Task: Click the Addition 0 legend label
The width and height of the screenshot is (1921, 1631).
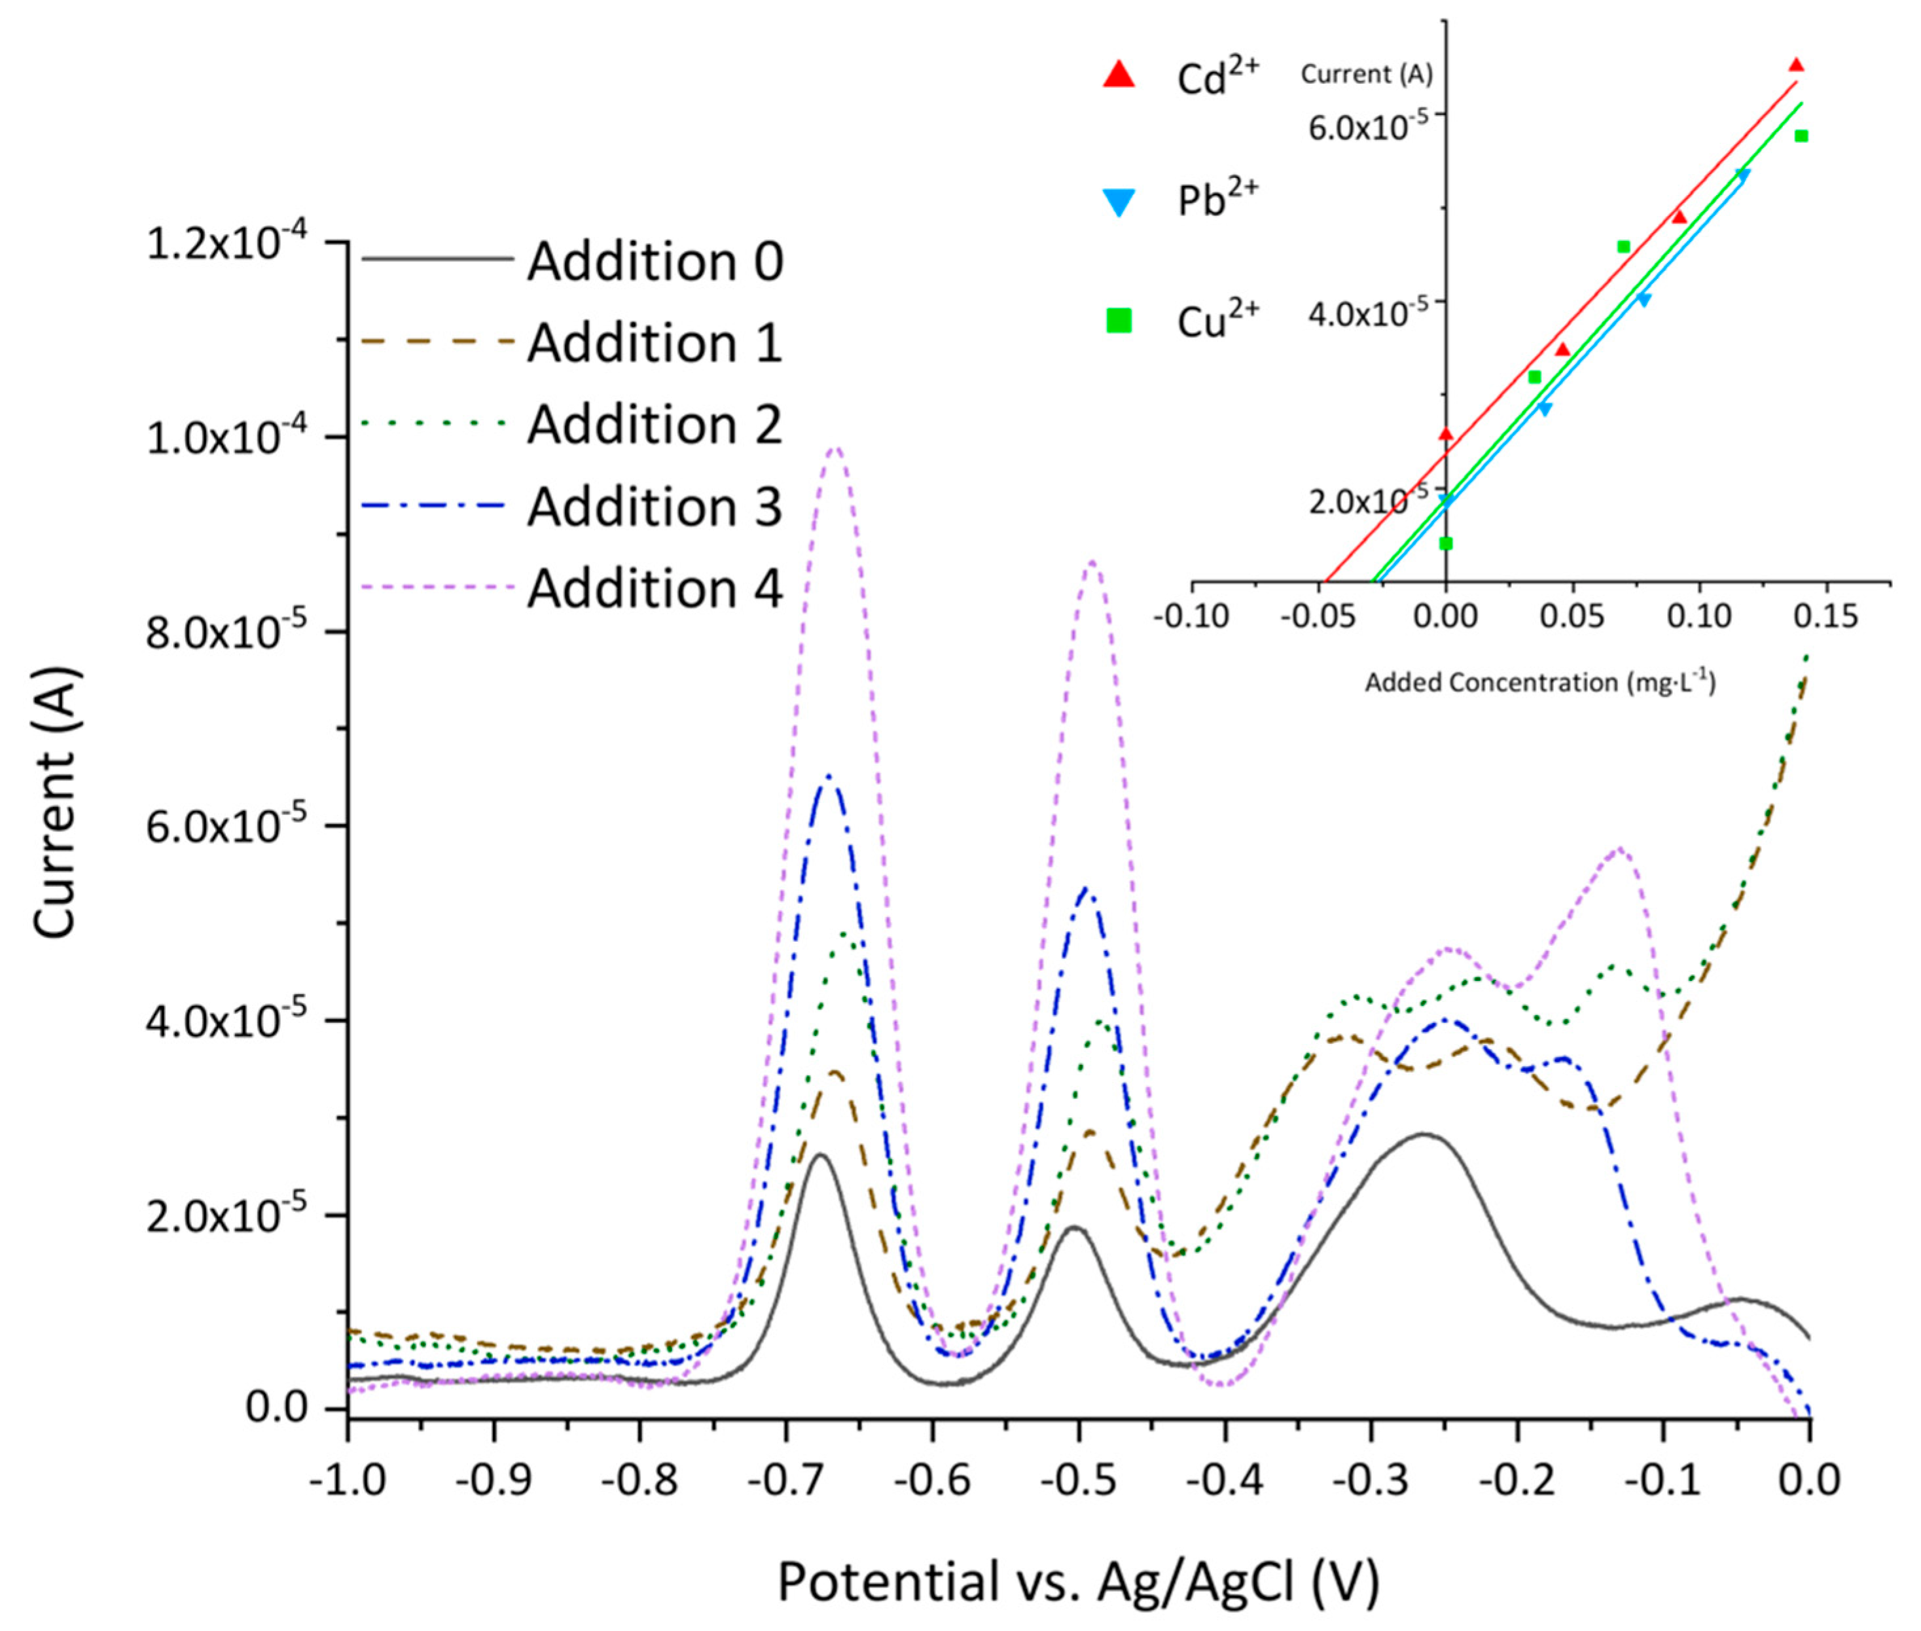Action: pos(655,262)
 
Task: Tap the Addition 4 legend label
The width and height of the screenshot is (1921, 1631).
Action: pos(655,588)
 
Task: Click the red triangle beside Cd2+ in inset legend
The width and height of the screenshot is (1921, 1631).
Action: pos(1119,75)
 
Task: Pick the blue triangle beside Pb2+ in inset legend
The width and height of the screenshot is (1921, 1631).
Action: pos(1119,202)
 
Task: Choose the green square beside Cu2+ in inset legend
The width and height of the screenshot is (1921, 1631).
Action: pos(1119,321)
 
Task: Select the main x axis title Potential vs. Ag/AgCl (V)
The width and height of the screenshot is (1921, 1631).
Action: pos(1078,1581)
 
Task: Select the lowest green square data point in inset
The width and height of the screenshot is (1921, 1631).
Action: pos(1446,543)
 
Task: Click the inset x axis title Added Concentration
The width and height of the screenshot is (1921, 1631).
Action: pos(1540,683)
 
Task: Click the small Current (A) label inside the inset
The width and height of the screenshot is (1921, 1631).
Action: pos(1367,74)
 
